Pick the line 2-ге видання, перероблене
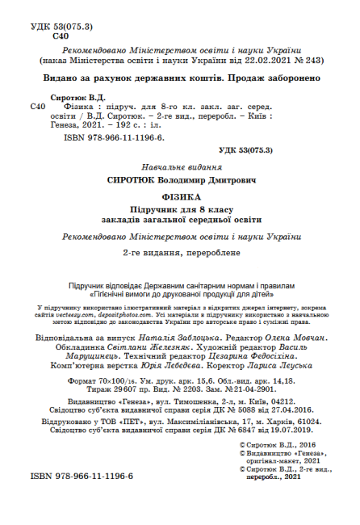click(180, 252)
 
